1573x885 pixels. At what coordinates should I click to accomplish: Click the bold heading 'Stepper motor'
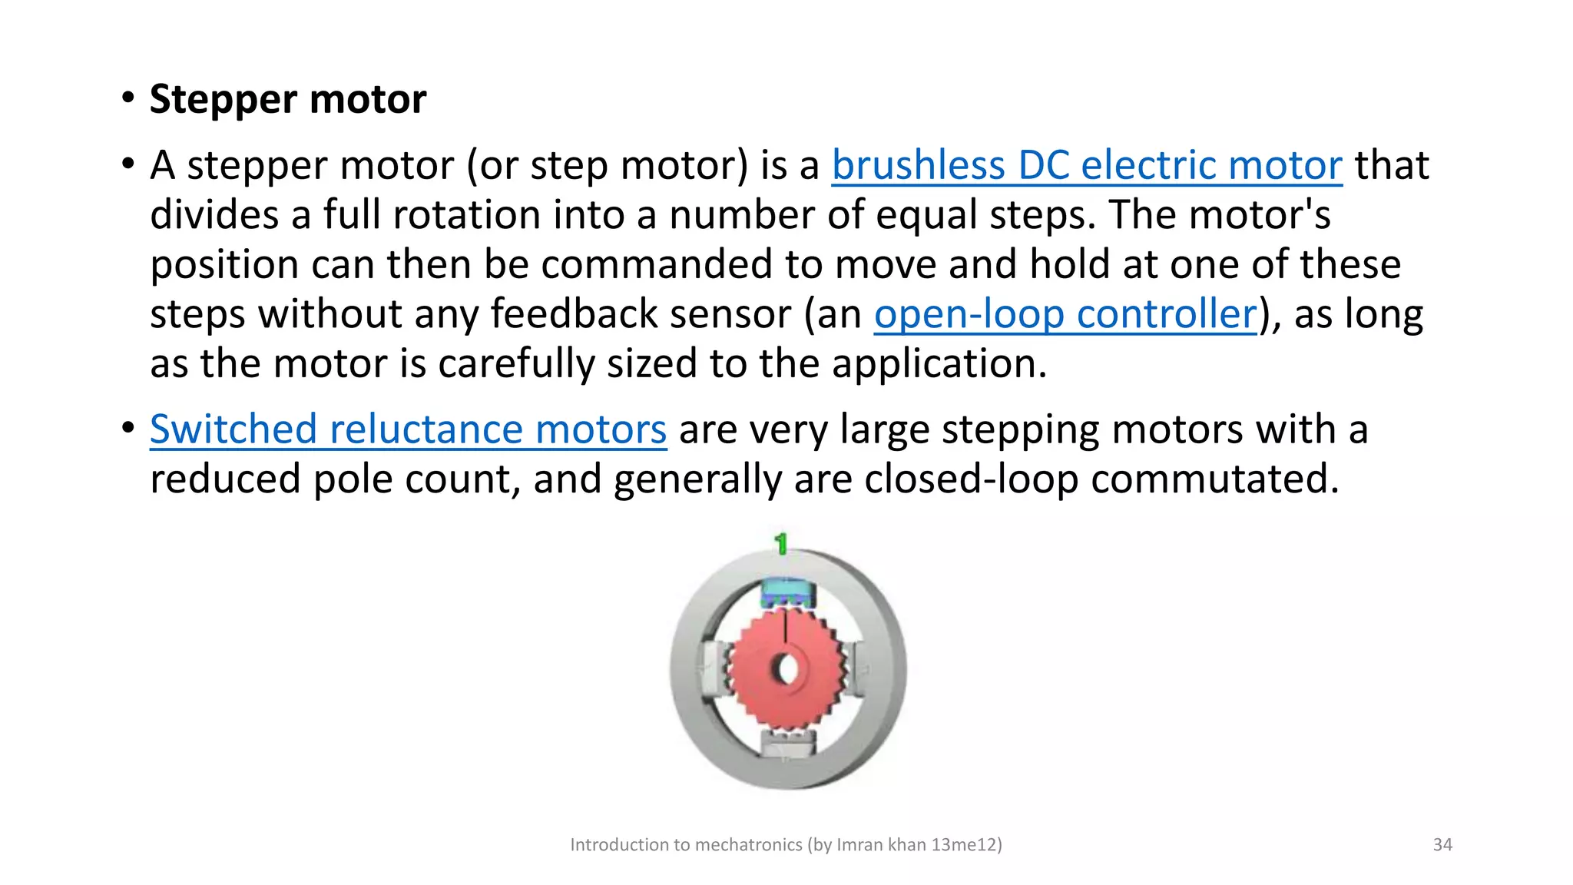(x=287, y=100)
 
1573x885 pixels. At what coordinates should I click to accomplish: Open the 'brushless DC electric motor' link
(x=1086, y=165)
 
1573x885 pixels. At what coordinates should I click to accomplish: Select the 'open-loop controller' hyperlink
(x=1065, y=314)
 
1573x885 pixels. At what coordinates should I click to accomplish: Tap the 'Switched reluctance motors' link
(x=408, y=429)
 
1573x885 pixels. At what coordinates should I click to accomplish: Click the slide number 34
(x=1442, y=845)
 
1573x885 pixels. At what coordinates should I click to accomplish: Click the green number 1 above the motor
(x=781, y=544)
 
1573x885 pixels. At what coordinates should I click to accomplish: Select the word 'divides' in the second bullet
(x=214, y=214)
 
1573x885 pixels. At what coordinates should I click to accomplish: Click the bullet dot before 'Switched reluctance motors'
(x=127, y=428)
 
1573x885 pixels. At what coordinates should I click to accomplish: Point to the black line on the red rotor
(x=786, y=625)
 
